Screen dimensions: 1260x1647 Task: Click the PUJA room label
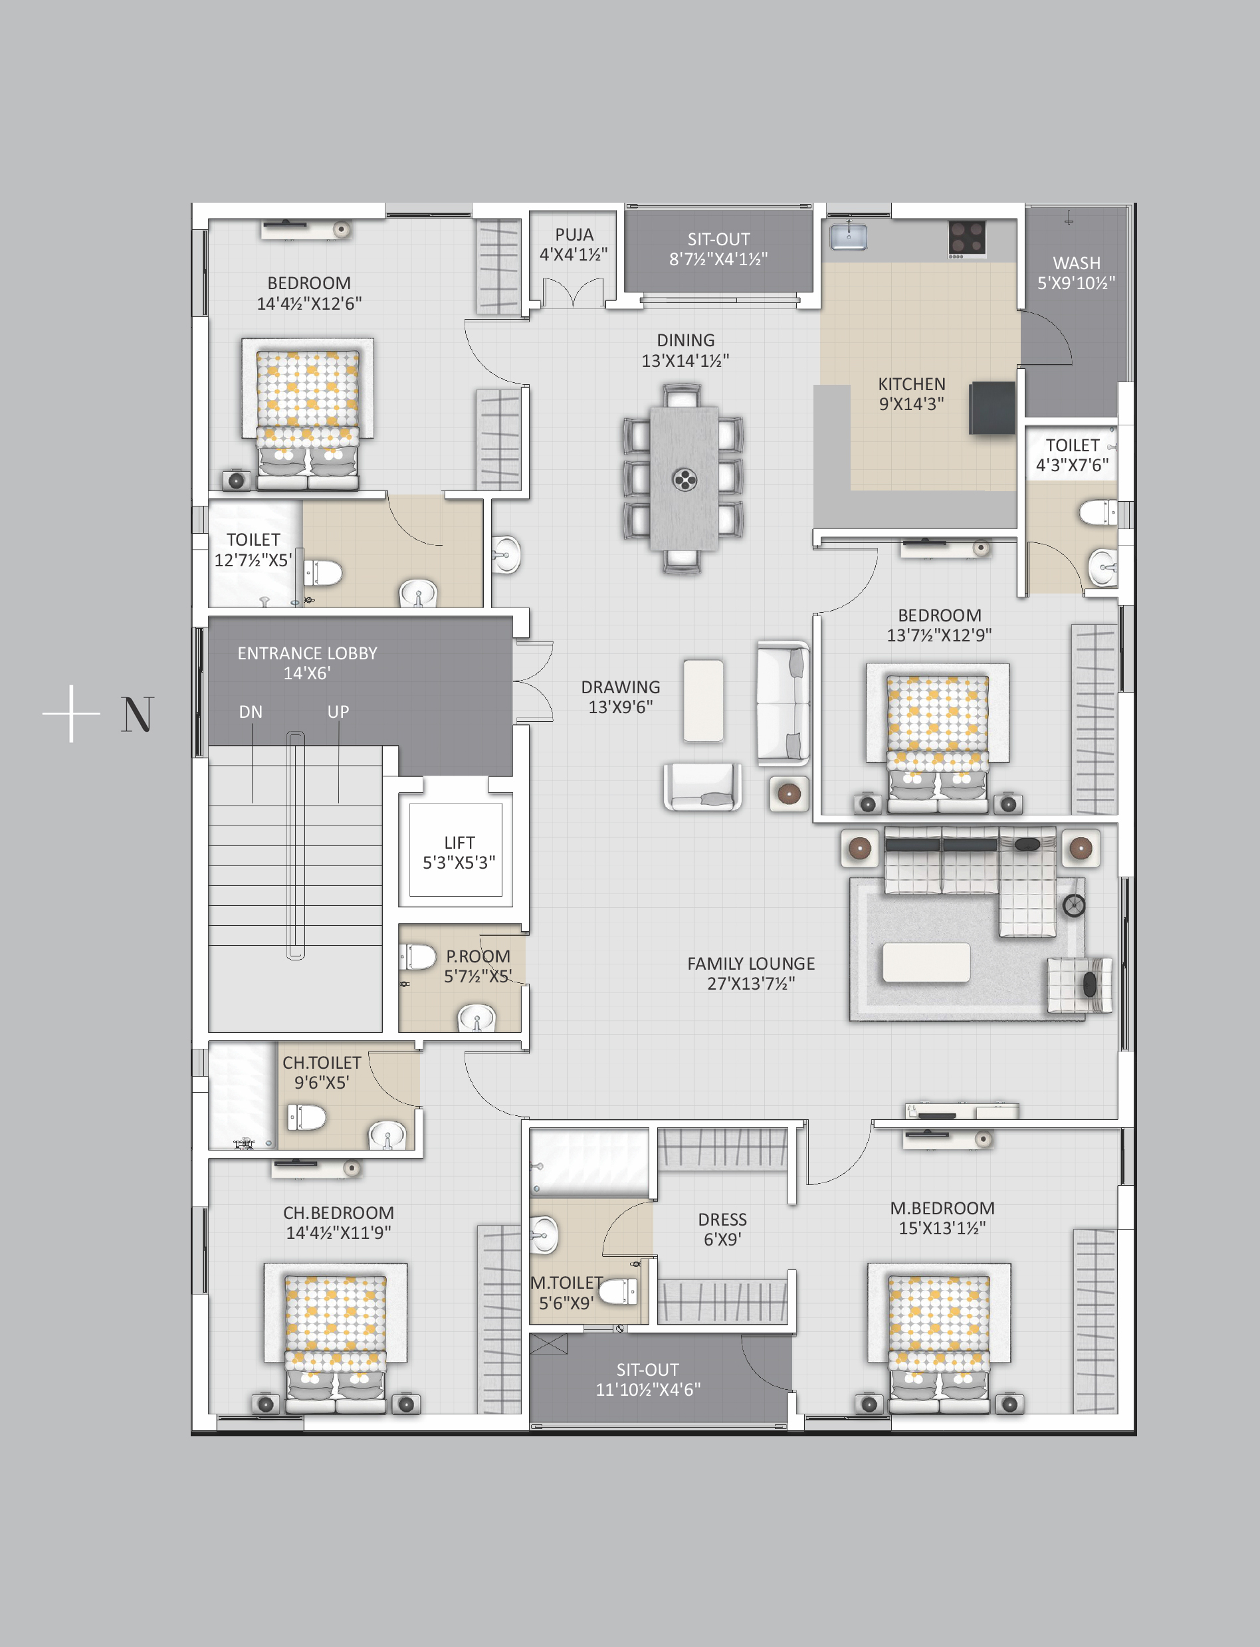[x=574, y=235]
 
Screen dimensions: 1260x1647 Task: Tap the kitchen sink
[x=848, y=237]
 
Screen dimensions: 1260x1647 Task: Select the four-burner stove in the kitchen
[x=967, y=239]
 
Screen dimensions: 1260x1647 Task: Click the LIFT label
[x=459, y=842]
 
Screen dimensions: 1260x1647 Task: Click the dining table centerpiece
[x=684, y=479]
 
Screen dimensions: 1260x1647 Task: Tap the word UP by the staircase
[x=338, y=712]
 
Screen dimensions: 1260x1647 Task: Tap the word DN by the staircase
[x=251, y=712]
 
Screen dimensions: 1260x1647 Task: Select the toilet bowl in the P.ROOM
[x=419, y=957]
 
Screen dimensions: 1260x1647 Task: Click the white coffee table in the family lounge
[x=926, y=962]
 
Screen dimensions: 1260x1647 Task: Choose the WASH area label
[x=1077, y=263]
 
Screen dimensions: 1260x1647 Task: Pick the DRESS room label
[x=722, y=1220]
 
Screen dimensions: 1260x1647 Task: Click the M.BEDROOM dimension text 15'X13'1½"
[x=942, y=1228]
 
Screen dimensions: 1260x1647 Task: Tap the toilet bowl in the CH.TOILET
[x=307, y=1117]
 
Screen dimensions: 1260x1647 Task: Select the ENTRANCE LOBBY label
[x=308, y=653]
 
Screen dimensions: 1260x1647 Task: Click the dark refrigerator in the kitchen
[x=992, y=407]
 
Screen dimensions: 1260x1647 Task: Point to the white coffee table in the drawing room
[x=704, y=701]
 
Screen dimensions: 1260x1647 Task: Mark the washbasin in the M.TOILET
[x=544, y=1235]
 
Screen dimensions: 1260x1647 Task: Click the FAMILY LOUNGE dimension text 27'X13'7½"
[x=751, y=983]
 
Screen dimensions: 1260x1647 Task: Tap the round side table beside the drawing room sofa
[x=789, y=794]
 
